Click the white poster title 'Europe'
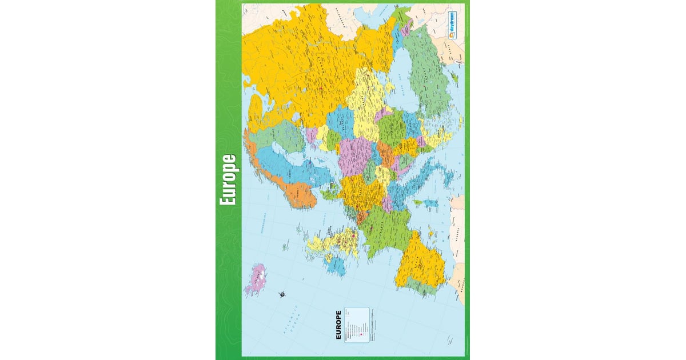(x=229, y=180)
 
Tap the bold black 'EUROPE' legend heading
(x=338, y=325)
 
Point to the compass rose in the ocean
(x=282, y=294)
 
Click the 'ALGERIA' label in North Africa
(x=457, y=234)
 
